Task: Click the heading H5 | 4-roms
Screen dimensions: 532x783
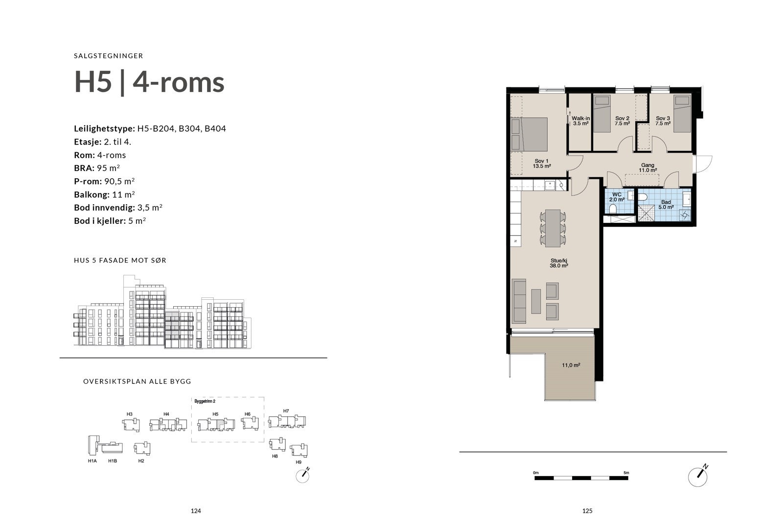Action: [x=149, y=82]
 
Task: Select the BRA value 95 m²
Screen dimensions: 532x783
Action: [x=108, y=168]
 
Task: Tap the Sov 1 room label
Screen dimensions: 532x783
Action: [x=542, y=164]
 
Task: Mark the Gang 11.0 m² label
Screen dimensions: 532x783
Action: [x=647, y=168]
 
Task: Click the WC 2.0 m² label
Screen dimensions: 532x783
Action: [x=617, y=197]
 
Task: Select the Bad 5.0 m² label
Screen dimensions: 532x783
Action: [x=666, y=204]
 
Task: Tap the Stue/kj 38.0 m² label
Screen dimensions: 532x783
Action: [x=559, y=263]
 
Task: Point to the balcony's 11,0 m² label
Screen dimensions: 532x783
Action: [x=571, y=365]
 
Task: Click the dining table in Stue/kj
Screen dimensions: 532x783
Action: [x=553, y=228]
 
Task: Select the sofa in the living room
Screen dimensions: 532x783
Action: [x=519, y=301]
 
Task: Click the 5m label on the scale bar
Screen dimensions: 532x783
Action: [x=626, y=473]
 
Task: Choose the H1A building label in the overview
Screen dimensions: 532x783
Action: [x=92, y=461]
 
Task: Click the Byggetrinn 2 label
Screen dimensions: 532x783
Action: [x=205, y=401]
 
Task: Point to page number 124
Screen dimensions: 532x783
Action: [x=196, y=511]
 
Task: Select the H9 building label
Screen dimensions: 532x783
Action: [x=299, y=462]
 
